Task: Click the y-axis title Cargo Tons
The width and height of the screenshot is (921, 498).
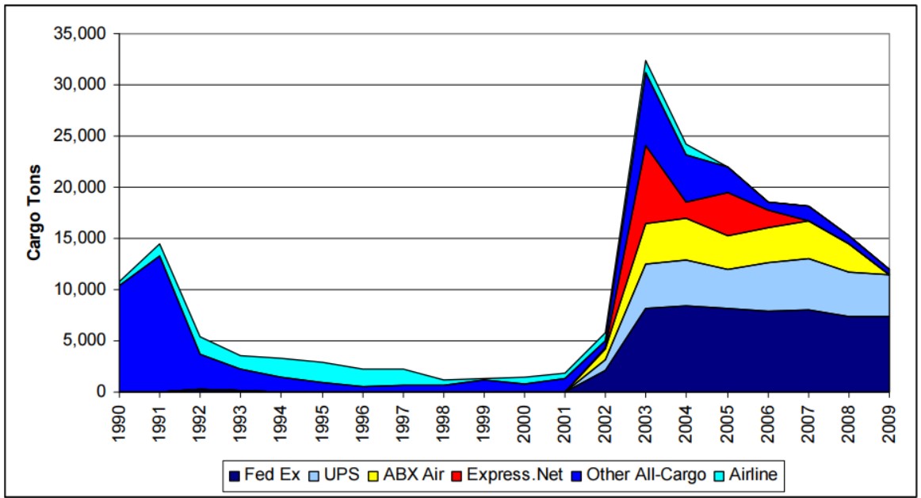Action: [x=34, y=213]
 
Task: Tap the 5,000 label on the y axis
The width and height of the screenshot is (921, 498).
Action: [x=86, y=341]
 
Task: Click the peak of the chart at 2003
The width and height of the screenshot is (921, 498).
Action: [x=646, y=60]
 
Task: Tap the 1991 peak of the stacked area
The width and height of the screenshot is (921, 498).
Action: [x=160, y=244]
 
